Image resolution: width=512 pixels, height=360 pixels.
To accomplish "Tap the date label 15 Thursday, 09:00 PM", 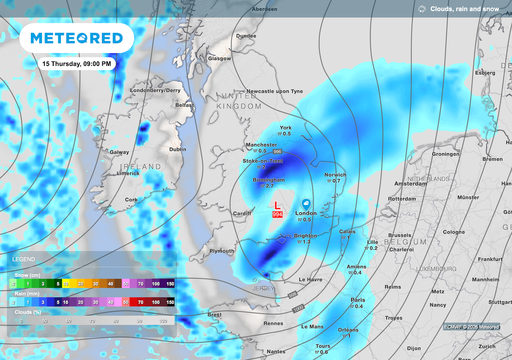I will point(76,63).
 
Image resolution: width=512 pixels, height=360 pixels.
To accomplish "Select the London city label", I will point(306,213).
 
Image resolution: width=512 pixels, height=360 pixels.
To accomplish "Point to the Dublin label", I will point(177,149).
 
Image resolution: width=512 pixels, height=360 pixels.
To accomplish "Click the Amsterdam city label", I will point(410,185).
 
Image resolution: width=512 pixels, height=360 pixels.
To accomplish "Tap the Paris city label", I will point(357,299).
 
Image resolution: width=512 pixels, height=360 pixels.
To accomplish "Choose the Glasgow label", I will point(219,58).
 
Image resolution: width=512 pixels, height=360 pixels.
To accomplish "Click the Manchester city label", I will point(259,145).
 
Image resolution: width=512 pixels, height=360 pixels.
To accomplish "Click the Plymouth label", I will point(223,252).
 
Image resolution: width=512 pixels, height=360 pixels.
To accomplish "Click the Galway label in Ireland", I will point(120,152).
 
